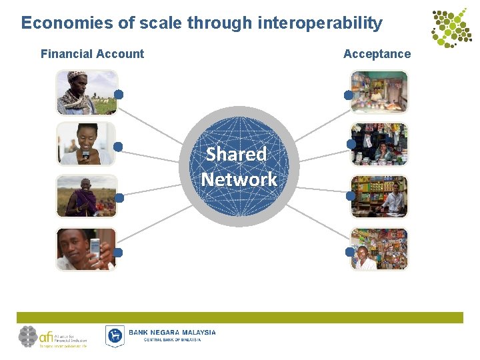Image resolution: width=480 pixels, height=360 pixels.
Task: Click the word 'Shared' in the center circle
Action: [236, 154]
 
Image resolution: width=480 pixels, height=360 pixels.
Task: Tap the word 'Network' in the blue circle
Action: [239, 179]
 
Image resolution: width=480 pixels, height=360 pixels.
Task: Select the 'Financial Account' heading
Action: [92, 54]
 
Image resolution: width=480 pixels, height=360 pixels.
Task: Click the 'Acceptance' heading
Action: [377, 54]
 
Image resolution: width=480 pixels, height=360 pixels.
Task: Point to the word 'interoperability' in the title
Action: [319, 23]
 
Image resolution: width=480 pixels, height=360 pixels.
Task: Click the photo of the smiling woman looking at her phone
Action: [86, 143]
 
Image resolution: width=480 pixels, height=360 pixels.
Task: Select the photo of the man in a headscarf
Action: [86, 92]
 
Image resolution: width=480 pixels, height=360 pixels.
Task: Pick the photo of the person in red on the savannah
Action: [86, 196]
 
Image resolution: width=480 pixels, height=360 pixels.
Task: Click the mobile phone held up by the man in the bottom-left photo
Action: [95, 249]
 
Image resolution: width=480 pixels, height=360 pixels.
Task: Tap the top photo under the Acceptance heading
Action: [379, 92]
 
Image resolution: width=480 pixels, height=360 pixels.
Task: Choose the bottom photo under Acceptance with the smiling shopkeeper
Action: [379, 249]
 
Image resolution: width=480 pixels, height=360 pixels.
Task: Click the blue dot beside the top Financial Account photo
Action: [119, 94]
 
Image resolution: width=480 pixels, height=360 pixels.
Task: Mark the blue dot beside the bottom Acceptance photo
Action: [349, 252]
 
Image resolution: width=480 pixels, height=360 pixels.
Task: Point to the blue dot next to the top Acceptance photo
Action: [348, 95]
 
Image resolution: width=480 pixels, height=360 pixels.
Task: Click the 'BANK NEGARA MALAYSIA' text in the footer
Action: [172, 332]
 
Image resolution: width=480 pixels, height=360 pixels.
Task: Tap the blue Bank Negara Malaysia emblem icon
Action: [115, 335]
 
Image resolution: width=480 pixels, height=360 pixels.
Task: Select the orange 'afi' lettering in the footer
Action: [46, 336]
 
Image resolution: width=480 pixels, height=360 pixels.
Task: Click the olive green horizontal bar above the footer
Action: [240, 317]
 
